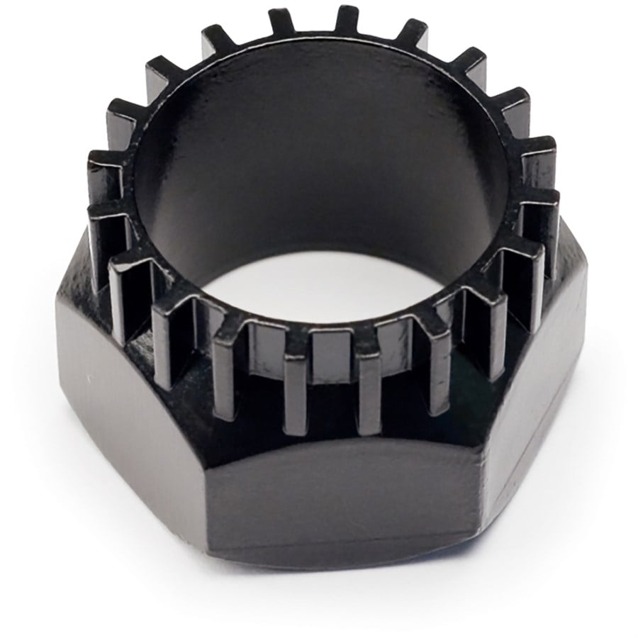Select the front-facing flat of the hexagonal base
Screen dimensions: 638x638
click(340, 496)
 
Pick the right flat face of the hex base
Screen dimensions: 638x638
click(539, 397)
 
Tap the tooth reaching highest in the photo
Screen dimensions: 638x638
click(347, 21)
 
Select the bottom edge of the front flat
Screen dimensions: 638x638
click(340, 564)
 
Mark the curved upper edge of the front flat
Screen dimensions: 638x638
click(340, 443)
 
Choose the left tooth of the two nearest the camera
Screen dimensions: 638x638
click(296, 390)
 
